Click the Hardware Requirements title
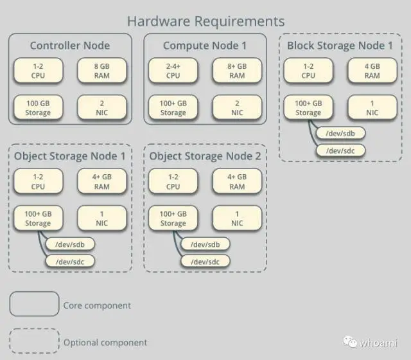point(205,21)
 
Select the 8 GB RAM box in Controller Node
point(101,70)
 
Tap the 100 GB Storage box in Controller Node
point(38,107)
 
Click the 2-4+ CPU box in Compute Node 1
point(173,70)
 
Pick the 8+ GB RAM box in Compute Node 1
point(237,70)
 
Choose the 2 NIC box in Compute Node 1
point(237,107)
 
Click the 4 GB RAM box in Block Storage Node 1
point(372,70)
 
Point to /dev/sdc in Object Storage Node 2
point(204,261)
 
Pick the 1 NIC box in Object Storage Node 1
point(101,219)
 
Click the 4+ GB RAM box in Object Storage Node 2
point(237,181)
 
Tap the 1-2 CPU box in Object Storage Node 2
point(173,181)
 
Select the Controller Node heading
point(70,46)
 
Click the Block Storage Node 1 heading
point(340,46)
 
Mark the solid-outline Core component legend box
point(34,305)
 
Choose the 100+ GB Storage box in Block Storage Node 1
point(308,107)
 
